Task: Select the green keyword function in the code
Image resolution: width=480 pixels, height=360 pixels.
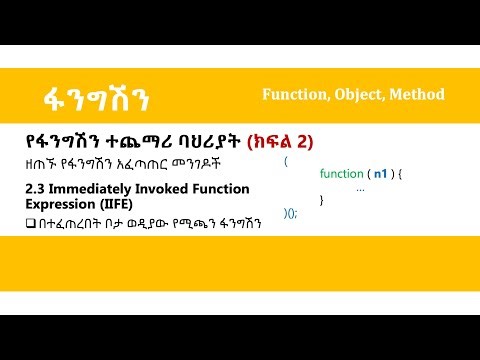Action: coord(341,173)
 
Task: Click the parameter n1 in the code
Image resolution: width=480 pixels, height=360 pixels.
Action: coord(380,173)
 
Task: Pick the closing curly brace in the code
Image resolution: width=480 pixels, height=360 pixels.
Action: coord(321,200)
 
